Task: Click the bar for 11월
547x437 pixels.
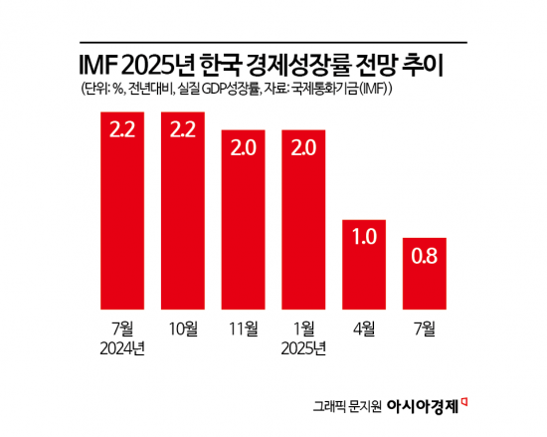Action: (244, 219)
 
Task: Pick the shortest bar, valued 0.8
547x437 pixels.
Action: (425, 273)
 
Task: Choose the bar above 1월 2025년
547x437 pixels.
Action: (304, 219)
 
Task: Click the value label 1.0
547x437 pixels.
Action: (365, 238)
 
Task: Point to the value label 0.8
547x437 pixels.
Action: (425, 257)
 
